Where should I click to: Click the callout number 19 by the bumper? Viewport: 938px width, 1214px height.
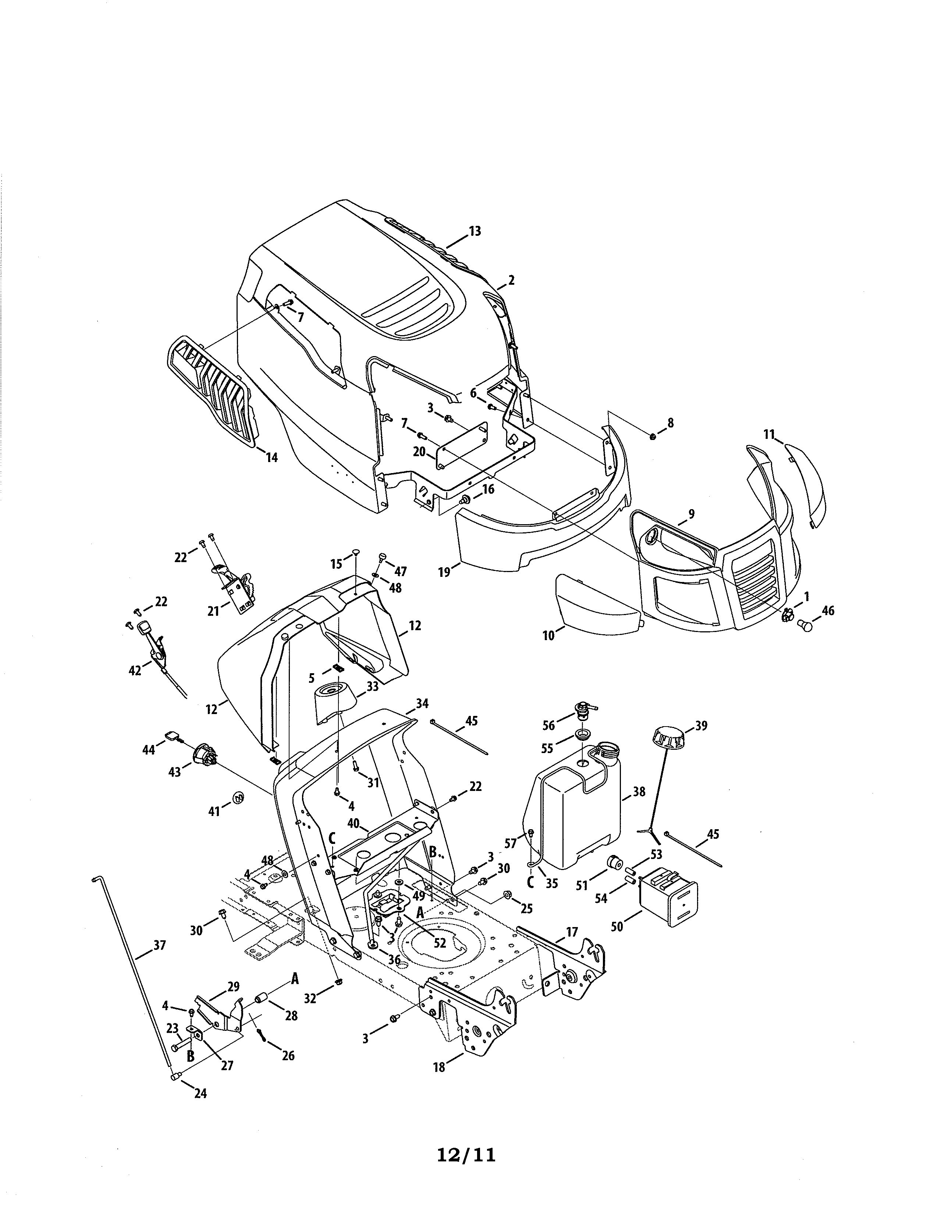444,572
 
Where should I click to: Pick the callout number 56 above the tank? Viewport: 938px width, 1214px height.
548,726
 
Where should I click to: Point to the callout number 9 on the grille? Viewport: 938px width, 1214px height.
691,514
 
